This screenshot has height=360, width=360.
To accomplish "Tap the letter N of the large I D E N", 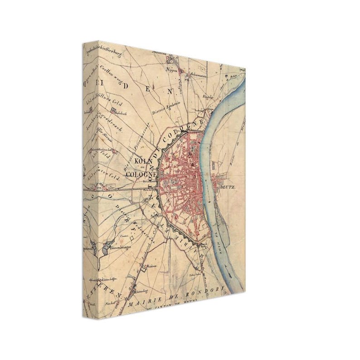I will coord(170,90).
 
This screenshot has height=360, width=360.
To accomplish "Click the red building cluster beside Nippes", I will coord(171,59).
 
